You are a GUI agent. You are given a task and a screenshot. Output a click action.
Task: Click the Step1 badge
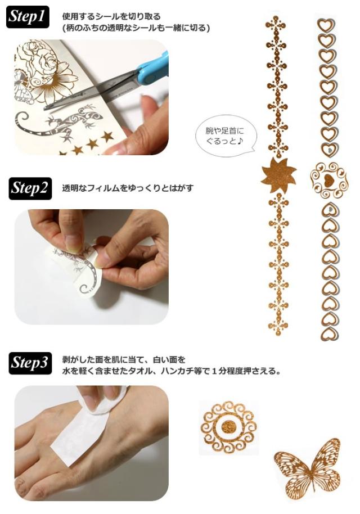coord(28,17)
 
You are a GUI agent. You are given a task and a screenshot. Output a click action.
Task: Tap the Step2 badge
coord(30,188)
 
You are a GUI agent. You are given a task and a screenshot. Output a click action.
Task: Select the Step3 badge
coord(30,363)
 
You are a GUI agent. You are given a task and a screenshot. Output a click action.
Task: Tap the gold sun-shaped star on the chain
coord(278,175)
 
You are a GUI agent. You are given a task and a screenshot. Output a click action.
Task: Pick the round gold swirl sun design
coord(228,427)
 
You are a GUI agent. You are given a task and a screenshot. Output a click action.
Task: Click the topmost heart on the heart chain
coord(326,25)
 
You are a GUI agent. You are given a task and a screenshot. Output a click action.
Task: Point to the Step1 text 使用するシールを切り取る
coord(111,16)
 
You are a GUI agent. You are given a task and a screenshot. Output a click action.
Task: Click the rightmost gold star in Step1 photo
coord(107,136)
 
